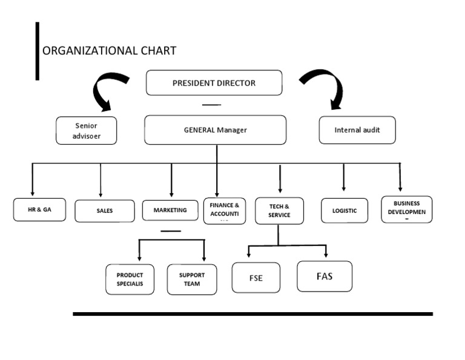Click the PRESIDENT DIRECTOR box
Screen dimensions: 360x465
coord(214,83)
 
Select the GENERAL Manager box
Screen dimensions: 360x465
coord(215,130)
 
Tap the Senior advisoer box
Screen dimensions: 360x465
coord(86,131)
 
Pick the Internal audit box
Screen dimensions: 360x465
coord(357,130)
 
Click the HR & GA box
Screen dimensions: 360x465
coord(39,210)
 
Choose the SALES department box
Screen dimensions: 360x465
coord(105,211)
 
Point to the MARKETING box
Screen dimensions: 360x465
coord(170,210)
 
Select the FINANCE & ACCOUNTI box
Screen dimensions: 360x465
coord(225,210)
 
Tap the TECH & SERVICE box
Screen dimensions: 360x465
coord(279,211)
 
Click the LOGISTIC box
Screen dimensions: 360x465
coord(345,210)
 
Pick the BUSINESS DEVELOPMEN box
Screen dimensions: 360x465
coord(406,209)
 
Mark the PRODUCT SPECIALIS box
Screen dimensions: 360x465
coord(130,279)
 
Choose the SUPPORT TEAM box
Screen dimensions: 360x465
coord(191,279)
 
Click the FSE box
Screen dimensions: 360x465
coord(256,278)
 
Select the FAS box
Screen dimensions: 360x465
coord(324,276)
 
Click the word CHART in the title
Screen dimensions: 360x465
coord(157,51)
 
